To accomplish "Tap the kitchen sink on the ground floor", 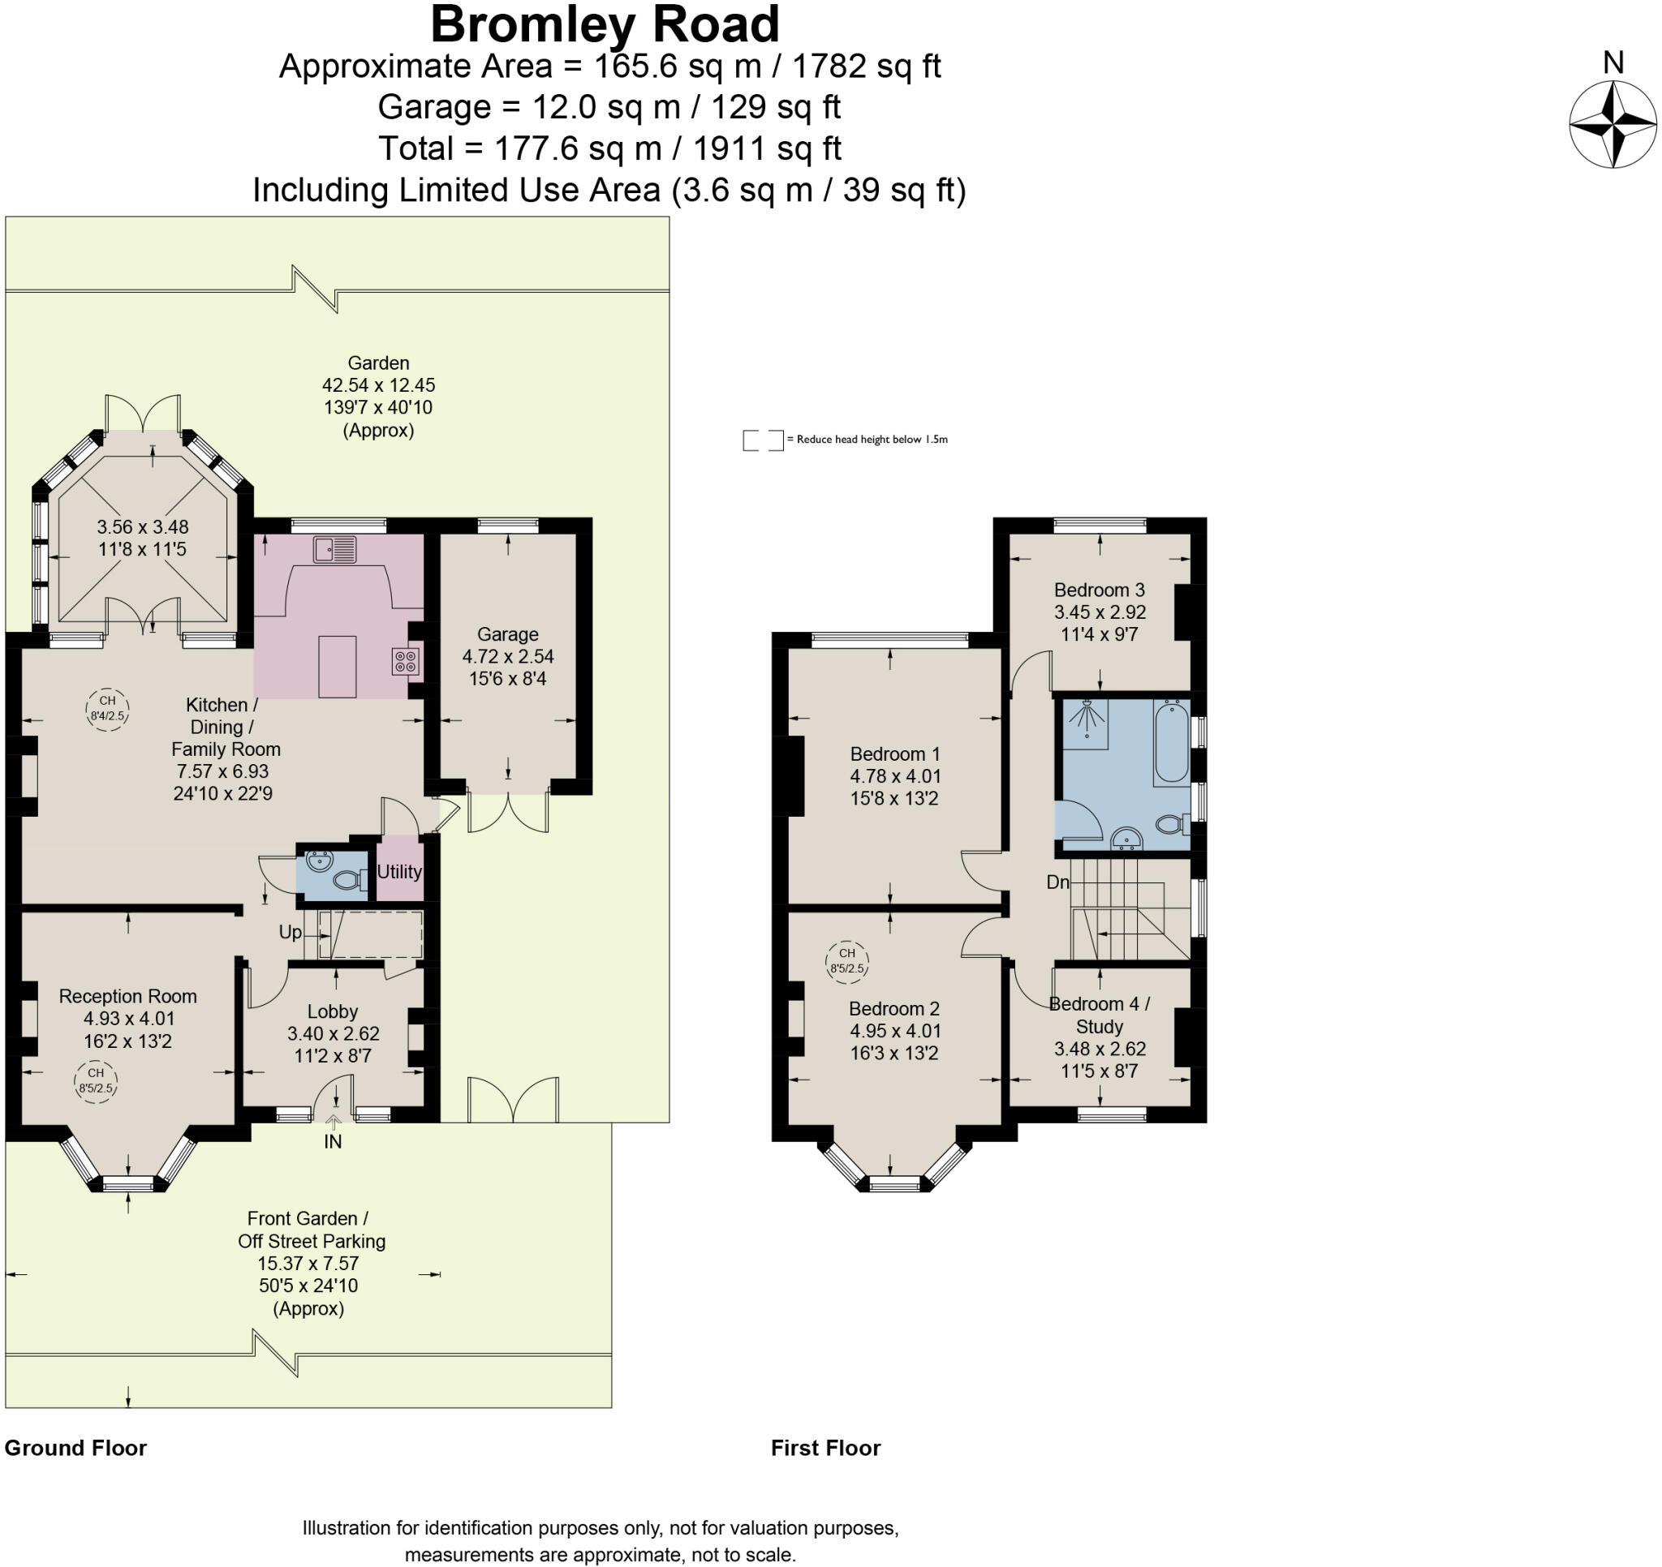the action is point(335,549).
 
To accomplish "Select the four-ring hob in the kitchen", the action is point(405,662).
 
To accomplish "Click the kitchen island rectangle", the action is point(338,667).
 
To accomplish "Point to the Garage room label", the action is point(507,634).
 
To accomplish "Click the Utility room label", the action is point(398,872).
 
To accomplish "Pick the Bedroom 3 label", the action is point(1100,590).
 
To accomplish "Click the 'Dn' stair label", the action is point(1057,882).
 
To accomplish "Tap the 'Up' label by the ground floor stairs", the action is point(290,933).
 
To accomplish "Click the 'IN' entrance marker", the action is point(333,1142).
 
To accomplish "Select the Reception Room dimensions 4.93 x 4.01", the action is point(129,1019).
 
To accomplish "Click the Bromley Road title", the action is point(605,24).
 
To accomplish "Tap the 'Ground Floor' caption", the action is point(75,1449).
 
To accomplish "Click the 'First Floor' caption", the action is point(826,1449).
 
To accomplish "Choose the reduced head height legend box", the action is point(764,440).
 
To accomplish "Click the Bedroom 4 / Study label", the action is point(1100,1015).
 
